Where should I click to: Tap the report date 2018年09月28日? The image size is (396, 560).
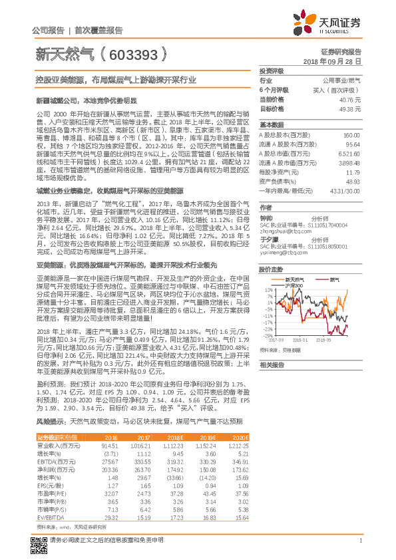point(331,60)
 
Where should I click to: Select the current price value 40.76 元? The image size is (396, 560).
point(350,98)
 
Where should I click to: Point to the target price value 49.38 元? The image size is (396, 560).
point(350,108)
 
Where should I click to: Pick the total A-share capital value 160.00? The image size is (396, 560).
point(351,135)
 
